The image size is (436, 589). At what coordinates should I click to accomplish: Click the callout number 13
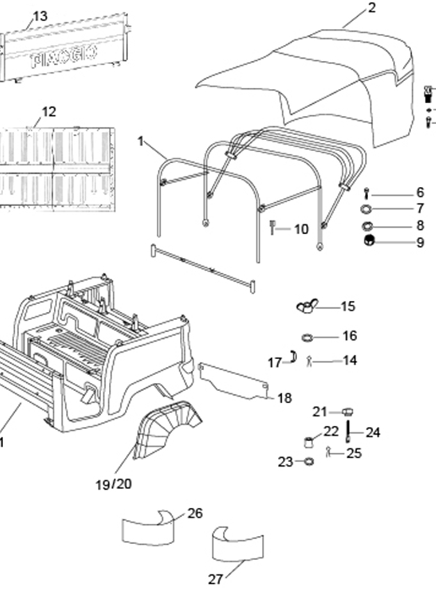[40, 16]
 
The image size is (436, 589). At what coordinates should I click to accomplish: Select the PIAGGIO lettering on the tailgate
[64, 57]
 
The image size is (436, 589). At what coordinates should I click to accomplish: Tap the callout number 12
[49, 111]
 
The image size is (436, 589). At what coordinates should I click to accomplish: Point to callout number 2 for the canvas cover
[371, 8]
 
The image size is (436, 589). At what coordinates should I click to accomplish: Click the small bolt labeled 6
[366, 194]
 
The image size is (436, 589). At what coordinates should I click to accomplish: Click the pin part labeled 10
[273, 228]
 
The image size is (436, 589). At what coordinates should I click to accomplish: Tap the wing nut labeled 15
[307, 306]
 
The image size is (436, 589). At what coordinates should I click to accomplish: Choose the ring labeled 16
[307, 337]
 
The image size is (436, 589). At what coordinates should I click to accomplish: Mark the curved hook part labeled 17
[293, 357]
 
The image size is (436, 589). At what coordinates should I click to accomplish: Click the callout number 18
[285, 398]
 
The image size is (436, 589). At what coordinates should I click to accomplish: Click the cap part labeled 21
[348, 412]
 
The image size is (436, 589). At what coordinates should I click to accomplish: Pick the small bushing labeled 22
[309, 442]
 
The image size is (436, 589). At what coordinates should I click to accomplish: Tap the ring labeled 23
[309, 461]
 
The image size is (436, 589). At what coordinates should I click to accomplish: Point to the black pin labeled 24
[348, 432]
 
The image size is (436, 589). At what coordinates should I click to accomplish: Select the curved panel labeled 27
[238, 545]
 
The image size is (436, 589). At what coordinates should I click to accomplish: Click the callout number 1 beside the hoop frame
[140, 141]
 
